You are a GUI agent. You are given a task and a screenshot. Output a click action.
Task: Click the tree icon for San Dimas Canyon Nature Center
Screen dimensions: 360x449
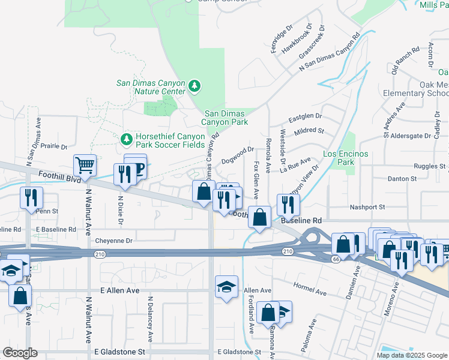(x=194, y=86)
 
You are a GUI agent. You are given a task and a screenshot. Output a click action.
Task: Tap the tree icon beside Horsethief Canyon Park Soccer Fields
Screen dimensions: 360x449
(x=126, y=140)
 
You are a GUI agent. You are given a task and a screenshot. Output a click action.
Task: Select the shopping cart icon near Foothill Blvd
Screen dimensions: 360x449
(x=85, y=165)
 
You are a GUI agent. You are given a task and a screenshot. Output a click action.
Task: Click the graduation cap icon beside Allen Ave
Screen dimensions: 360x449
(x=227, y=286)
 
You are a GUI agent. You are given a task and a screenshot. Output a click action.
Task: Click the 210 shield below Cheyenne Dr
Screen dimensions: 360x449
(x=97, y=254)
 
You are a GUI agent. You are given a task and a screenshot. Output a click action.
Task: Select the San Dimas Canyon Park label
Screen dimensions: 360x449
(x=226, y=118)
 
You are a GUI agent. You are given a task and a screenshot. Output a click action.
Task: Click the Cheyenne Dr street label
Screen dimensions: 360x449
(x=114, y=241)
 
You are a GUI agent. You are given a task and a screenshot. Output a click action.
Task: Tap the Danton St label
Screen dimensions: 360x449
(x=401, y=179)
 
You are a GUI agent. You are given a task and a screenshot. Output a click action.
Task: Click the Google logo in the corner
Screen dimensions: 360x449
(x=20, y=353)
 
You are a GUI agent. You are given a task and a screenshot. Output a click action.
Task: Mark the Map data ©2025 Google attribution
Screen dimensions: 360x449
(x=411, y=355)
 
